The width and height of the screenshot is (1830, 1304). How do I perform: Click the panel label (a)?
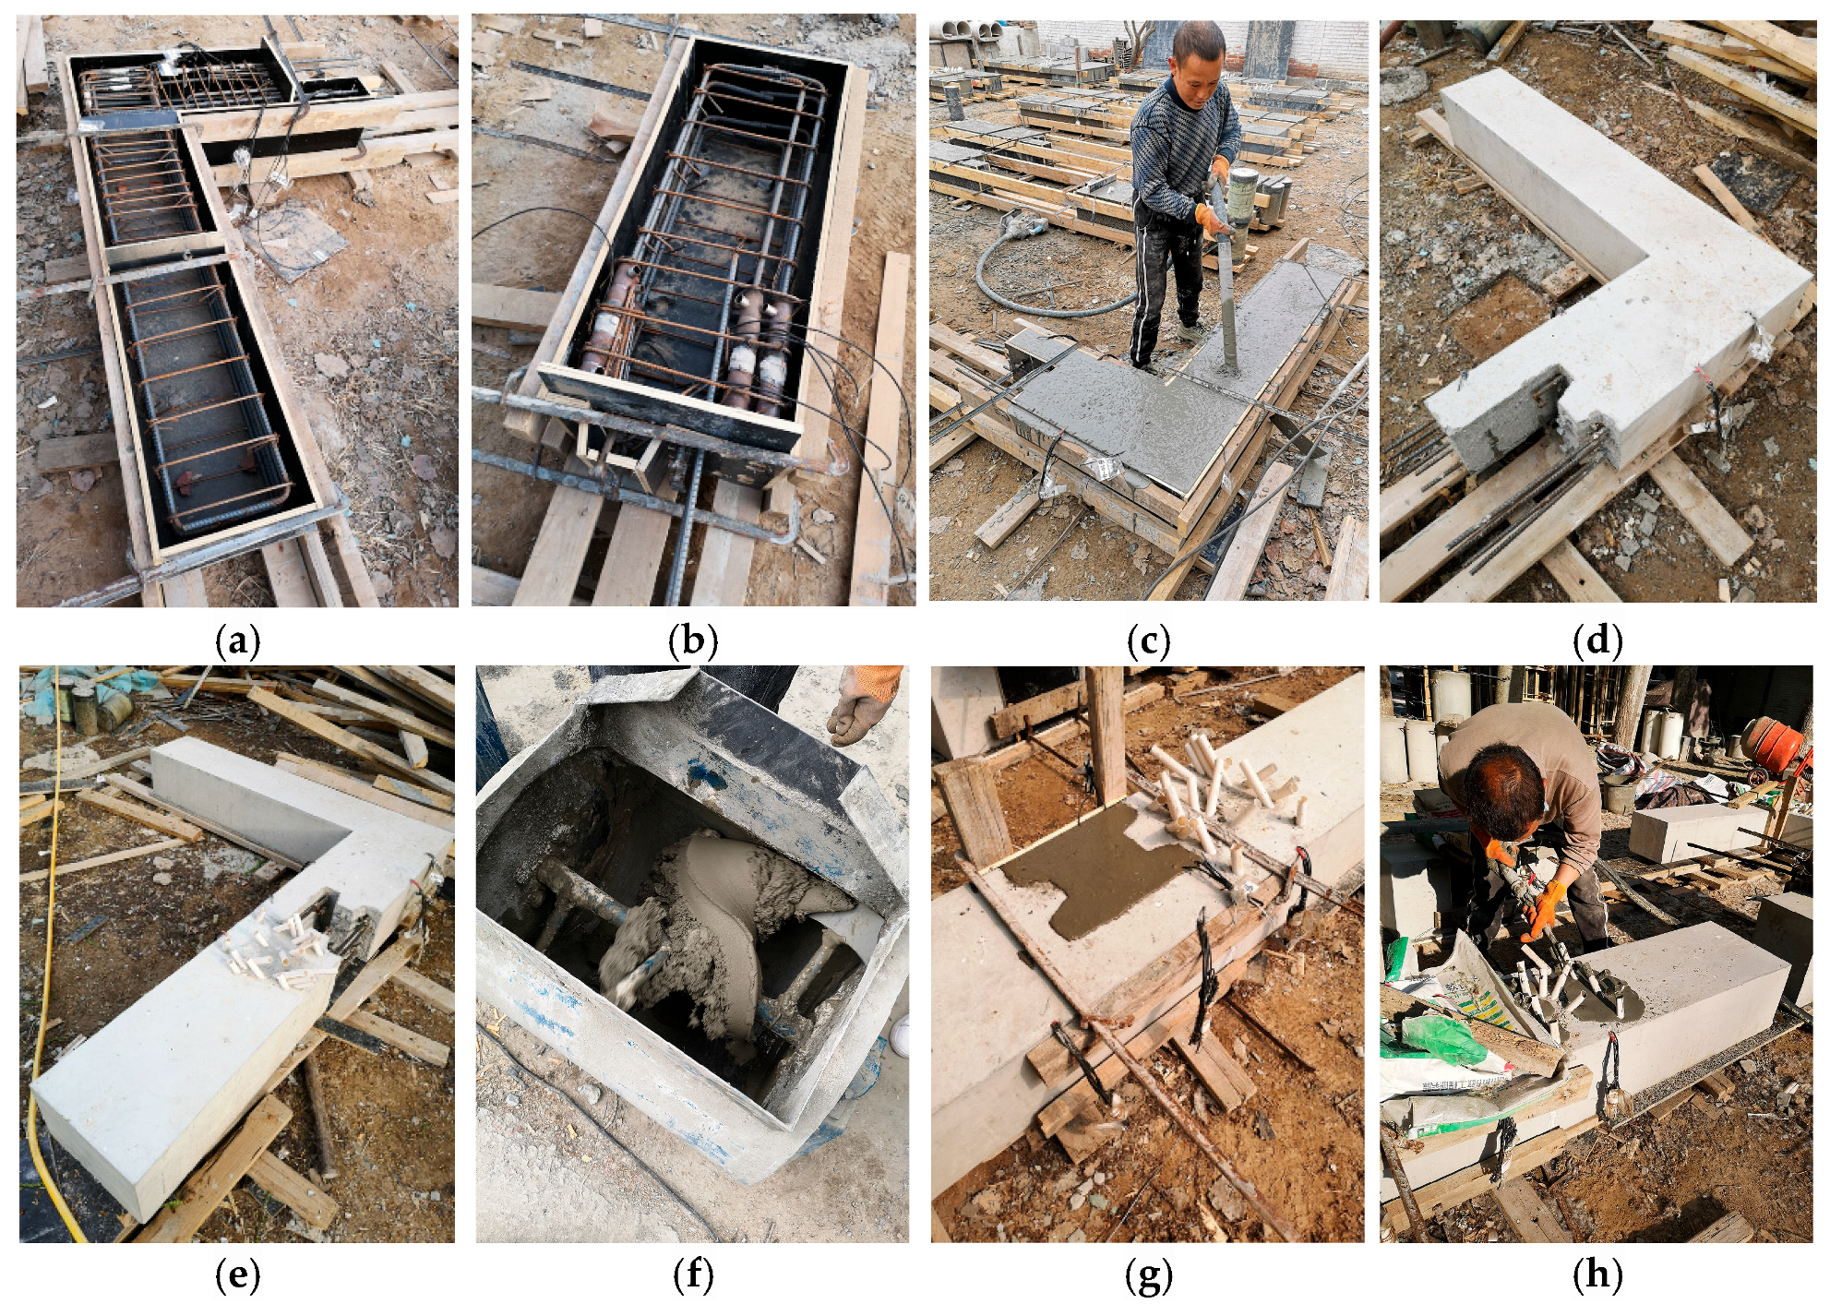[x=237, y=640]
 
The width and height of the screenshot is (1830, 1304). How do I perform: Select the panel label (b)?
[x=693, y=640]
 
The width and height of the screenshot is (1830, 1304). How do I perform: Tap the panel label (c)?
[x=1149, y=640]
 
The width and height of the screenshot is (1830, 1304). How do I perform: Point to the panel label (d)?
[x=1597, y=640]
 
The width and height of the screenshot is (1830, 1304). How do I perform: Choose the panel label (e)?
[x=237, y=1275]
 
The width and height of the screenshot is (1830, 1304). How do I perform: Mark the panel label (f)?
[x=693, y=1275]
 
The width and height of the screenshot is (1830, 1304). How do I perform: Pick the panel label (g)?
[x=1149, y=1275]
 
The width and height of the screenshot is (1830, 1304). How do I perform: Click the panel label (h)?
[x=1597, y=1275]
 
